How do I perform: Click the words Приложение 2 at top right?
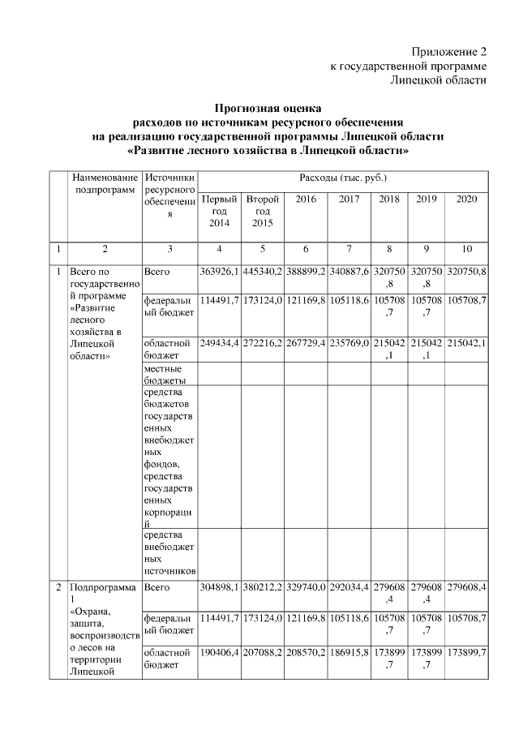click(449, 51)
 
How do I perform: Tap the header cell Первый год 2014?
click(219, 211)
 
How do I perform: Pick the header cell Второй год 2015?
click(262, 211)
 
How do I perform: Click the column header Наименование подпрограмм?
click(104, 182)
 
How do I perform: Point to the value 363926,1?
click(219, 271)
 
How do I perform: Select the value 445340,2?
click(262, 271)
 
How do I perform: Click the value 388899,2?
click(305, 271)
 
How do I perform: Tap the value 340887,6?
click(349, 271)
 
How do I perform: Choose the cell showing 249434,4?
click(219, 342)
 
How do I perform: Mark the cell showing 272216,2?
click(262, 342)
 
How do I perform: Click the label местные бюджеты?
click(163, 373)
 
